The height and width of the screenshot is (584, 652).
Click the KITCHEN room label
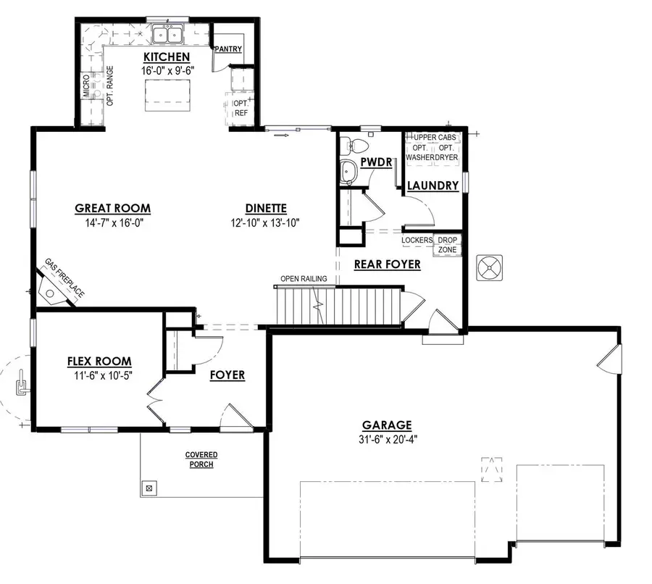167,57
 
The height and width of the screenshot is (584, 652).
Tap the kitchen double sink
167,34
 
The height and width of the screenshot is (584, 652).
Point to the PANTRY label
227,49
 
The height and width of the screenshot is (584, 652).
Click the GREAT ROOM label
113,209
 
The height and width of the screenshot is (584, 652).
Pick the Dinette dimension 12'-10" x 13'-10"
265,222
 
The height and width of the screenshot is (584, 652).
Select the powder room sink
348,172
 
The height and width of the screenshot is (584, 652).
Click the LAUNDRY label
433,185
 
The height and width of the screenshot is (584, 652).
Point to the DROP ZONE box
446,244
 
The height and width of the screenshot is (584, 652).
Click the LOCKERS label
417,240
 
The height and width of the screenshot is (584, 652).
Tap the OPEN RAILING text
304,278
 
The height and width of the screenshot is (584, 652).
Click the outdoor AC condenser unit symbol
489,269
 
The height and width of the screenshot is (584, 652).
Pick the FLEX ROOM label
99,361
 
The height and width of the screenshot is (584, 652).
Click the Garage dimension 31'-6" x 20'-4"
388,438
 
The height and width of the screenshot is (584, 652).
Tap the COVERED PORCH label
201,459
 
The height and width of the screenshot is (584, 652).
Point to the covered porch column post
149,488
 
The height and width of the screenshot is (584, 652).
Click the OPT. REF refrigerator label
241,109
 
